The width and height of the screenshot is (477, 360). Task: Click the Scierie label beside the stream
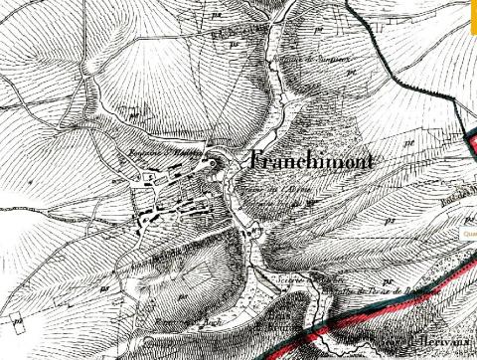(288, 279)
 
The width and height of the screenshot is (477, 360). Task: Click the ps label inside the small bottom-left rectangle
(18, 320)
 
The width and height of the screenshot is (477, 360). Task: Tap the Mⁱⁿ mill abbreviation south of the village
(253, 232)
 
